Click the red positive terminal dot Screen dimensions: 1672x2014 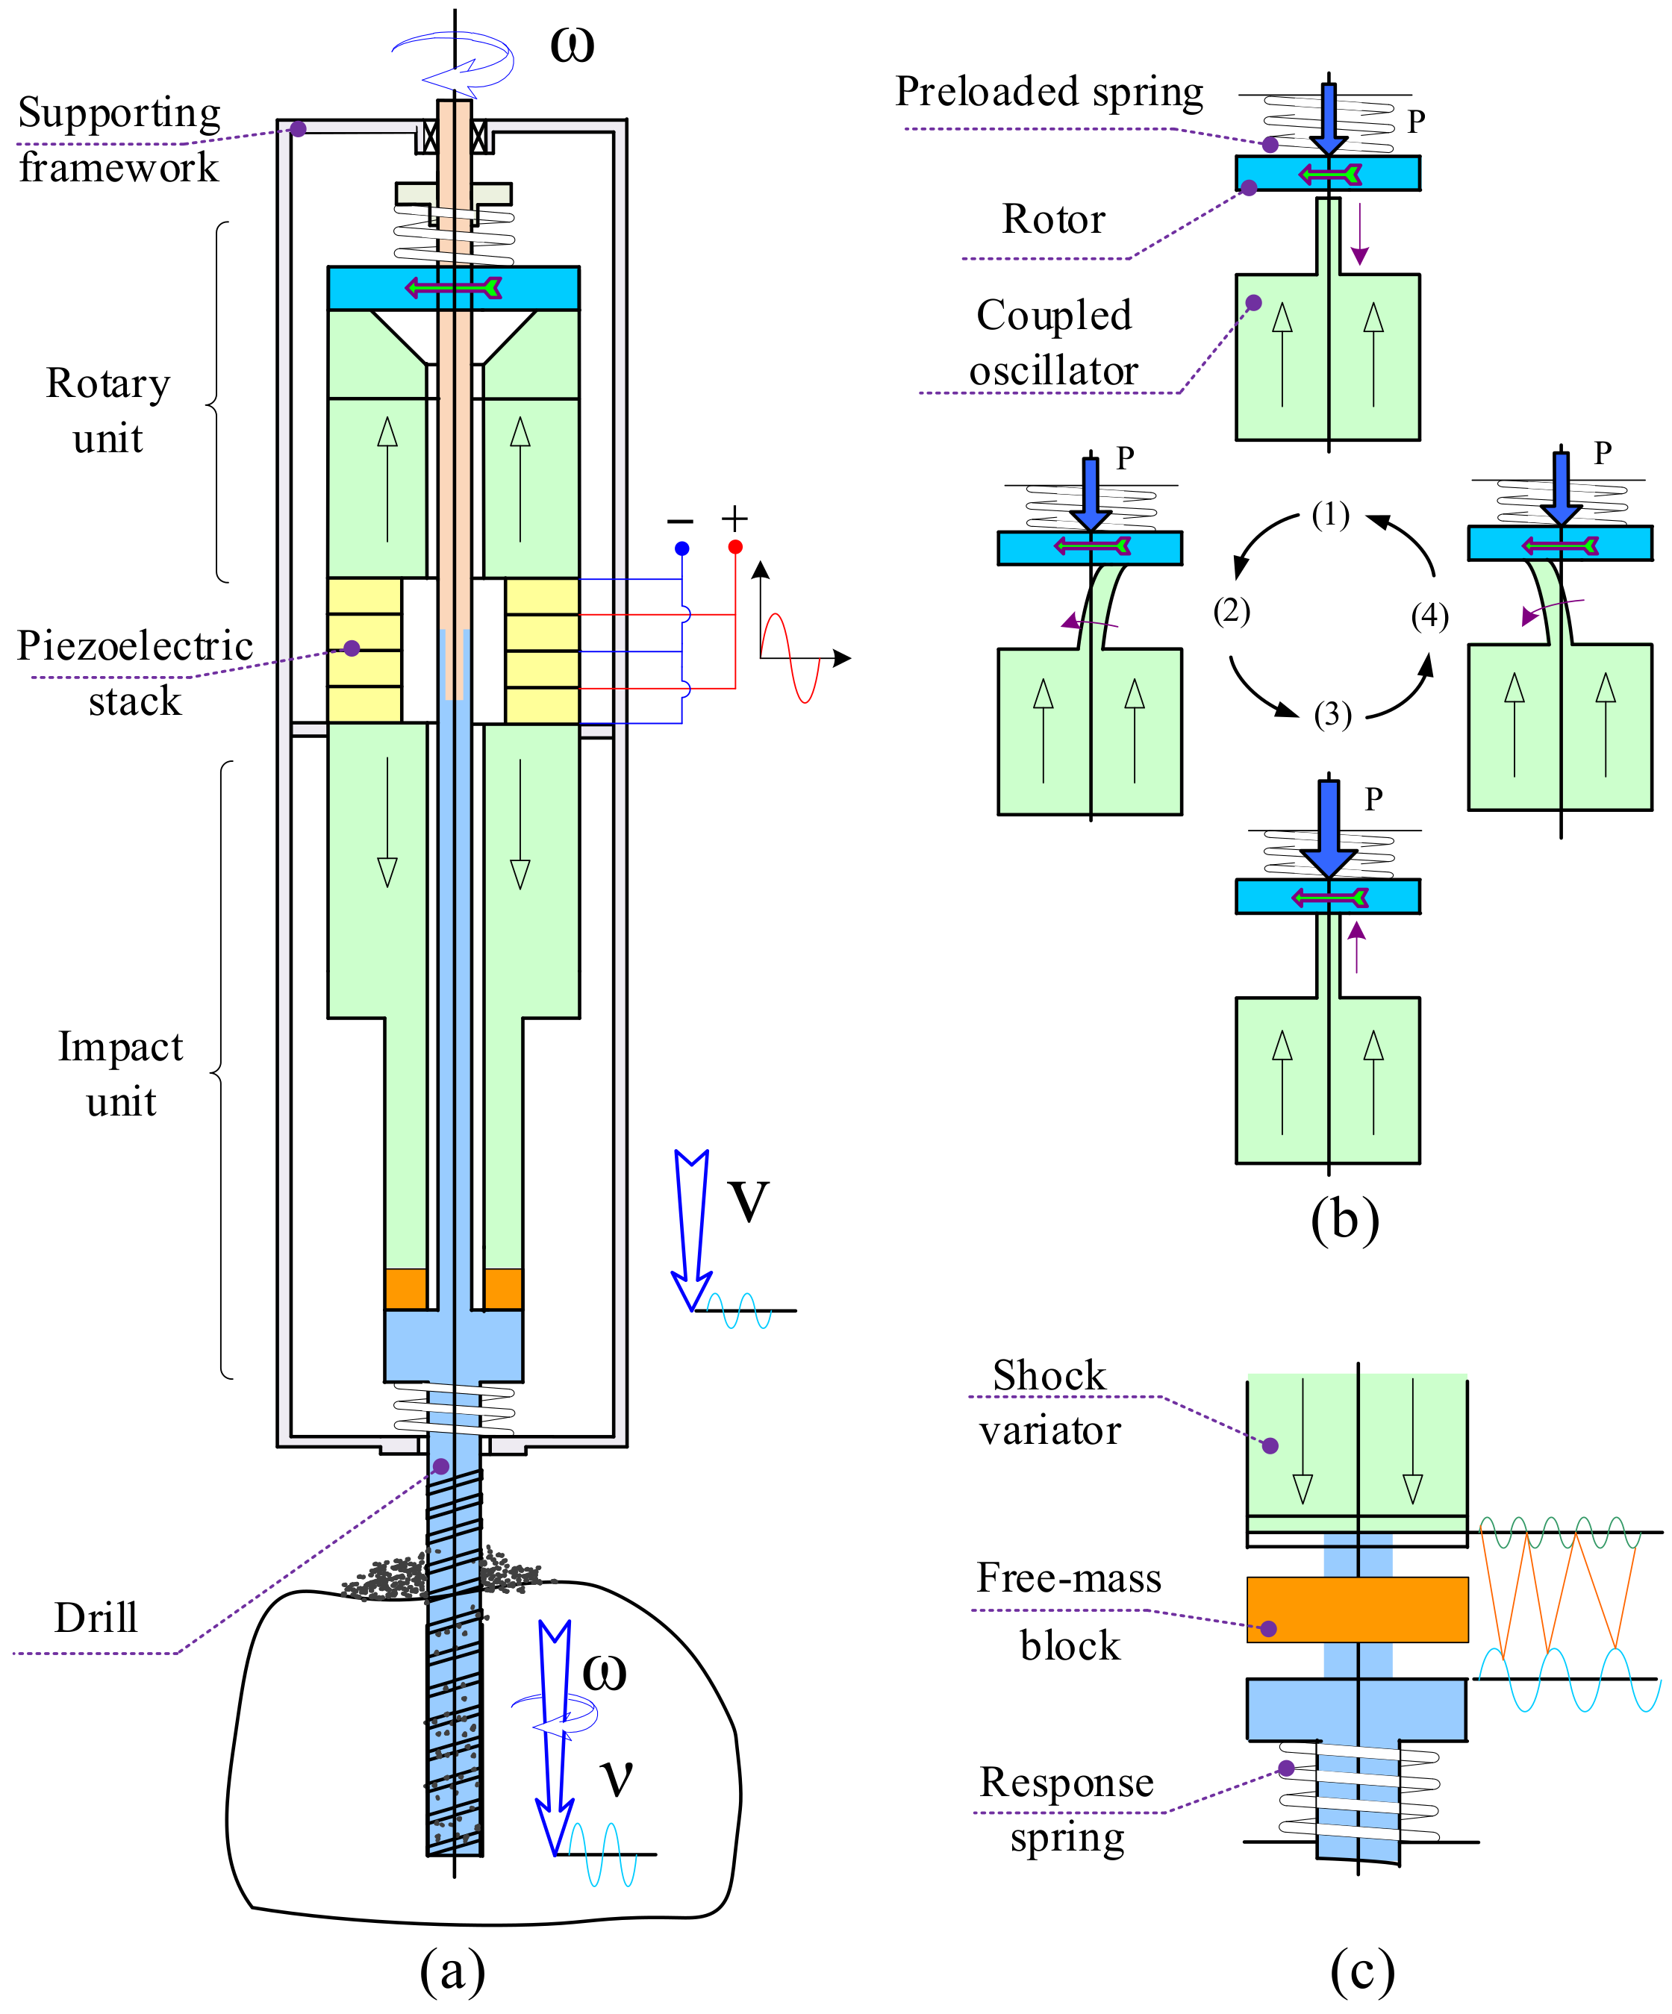(734, 547)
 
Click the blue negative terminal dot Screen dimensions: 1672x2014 (682, 548)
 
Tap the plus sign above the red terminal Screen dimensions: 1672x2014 (734, 519)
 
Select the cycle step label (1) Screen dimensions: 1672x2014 (1330, 515)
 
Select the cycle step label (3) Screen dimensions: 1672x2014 (1332, 715)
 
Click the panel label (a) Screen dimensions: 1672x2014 (453, 1971)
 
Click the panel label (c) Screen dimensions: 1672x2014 (1362, 1971)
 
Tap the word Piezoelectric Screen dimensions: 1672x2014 (135, 646)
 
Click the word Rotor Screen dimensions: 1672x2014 (1053, 219)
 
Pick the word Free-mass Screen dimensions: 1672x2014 (1069, 1577)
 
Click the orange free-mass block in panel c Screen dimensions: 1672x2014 (1357, 1610)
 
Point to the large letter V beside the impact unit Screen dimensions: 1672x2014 (748, 1201)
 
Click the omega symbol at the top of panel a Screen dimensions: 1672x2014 (572, 44)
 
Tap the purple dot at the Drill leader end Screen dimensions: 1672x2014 (441, 1466)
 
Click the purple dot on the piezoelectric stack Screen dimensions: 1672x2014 (352, 648)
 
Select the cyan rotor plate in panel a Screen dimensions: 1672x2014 (454, 288)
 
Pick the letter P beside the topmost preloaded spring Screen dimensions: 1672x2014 (1416, 121)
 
